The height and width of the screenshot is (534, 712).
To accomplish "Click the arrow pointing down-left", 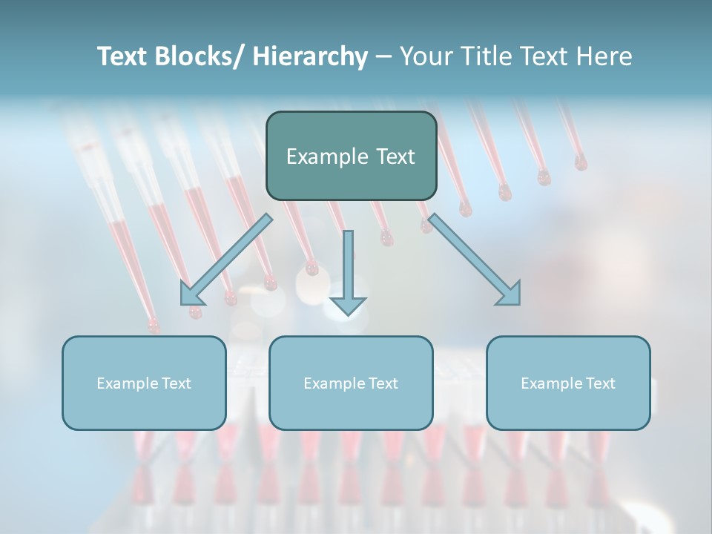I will click(x=226, y=260).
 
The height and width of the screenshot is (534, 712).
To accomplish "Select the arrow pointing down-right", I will click(x=475, y=260).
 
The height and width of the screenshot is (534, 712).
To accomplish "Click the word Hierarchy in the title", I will click(x=310, y=56).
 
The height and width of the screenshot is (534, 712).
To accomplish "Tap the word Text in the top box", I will click(x=394, y=156).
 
